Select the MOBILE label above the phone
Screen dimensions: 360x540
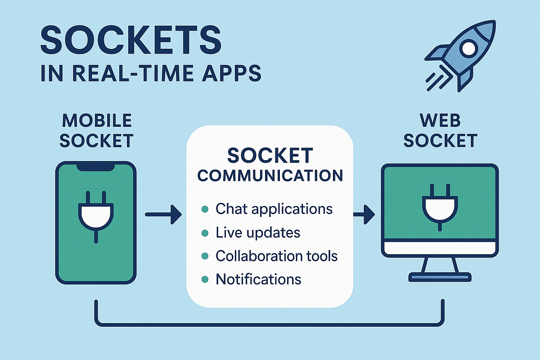pyautogui.click(x=97, y=121)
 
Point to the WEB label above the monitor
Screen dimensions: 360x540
pyautogui.click(x=440, y=121)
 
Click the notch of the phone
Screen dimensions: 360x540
pyautogui.click(x=95, y=167)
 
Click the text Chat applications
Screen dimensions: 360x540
pyautogui.click(x=274, y=209)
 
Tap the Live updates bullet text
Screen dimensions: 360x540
pyautogui.click(x=258, y=233)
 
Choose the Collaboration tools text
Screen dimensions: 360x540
pyautogui.click(x=277, y=256)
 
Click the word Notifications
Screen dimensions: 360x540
pyautogui.click(x=258, y=279)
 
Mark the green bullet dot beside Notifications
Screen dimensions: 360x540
pyautogui.click(x=205, y=279)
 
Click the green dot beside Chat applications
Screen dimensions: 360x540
pyautogui.click(x=205, y=210)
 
